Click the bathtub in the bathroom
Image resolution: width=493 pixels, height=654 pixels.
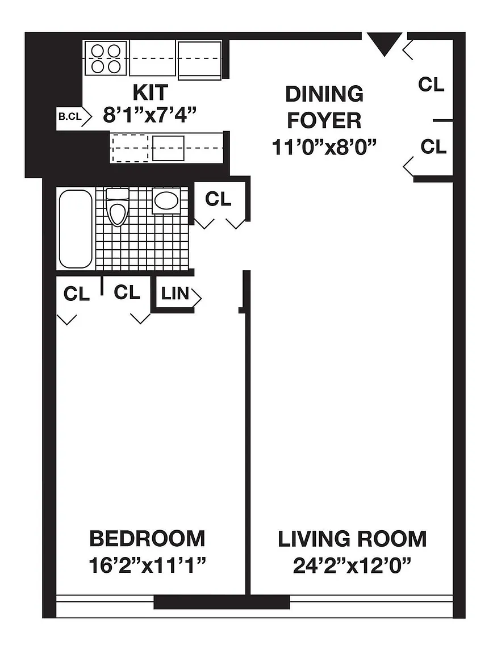(76, 229)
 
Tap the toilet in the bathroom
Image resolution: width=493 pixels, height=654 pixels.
(118, 207)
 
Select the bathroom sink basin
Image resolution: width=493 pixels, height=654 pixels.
(166, 201)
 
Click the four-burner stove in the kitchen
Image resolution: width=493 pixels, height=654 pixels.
(106, 58)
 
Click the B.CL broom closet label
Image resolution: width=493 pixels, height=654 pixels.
(70, 117)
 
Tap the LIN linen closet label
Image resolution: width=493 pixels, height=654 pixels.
(176, 293)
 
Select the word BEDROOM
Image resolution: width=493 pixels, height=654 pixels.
(147, 538)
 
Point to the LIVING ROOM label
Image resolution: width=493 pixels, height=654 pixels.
(352, 539)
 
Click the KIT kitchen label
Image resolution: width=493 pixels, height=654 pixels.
(151, 92)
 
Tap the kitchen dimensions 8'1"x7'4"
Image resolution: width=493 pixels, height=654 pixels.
(150, 115)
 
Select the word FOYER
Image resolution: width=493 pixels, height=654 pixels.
(324, 120)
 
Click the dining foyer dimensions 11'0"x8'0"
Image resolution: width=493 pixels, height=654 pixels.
(324, 147)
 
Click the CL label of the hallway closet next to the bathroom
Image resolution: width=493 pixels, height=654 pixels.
(218, 199)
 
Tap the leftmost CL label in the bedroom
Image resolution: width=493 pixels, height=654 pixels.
(76, 294)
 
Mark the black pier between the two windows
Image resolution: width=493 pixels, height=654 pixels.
(222, 601)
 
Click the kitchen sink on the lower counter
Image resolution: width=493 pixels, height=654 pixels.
(168, 148)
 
